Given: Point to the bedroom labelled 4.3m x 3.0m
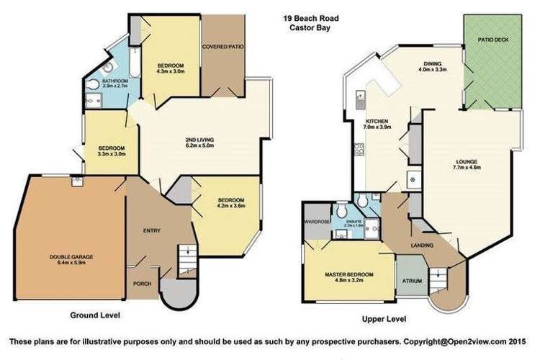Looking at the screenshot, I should [171, 68].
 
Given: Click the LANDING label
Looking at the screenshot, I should [422, 246].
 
